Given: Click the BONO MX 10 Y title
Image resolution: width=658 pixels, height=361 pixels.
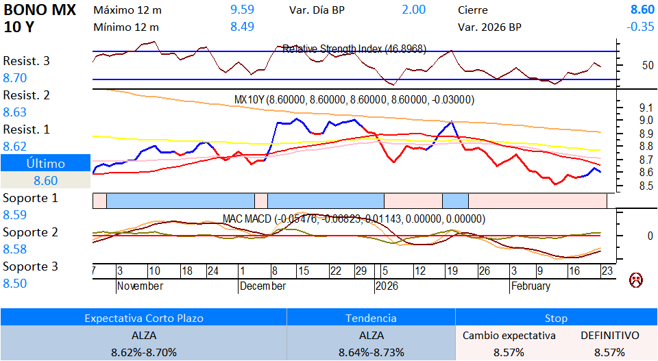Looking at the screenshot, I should [39, 18].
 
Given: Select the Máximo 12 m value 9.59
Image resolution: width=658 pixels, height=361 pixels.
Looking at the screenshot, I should [242, 10].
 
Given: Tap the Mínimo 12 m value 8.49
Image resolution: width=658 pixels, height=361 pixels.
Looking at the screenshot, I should [242, 27].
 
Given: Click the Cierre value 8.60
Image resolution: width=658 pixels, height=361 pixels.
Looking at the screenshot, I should [642, 10].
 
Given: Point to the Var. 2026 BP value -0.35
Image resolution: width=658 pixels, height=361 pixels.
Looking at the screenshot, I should [640, 27].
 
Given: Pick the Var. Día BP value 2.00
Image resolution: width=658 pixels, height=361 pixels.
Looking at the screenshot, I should [413, 10].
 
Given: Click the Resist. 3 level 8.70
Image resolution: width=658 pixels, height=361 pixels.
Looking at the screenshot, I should [15, 78].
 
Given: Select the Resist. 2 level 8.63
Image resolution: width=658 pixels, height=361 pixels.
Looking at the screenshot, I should [15, 112].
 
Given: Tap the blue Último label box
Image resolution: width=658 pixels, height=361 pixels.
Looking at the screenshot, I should [45, 164].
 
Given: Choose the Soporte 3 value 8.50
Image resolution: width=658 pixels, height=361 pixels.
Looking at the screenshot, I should [15, 284].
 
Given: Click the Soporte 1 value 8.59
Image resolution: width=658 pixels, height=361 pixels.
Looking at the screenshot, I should [15, 215].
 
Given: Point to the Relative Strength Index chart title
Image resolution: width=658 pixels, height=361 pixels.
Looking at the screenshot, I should [354, 49].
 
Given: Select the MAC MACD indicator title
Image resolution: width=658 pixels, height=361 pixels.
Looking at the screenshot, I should [354, 219].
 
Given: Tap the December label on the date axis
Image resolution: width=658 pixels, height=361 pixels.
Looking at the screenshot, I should [263, 286].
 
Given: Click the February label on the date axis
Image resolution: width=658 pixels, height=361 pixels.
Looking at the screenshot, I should [531, 286].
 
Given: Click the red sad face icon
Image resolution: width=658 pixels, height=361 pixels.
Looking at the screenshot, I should [636, 280].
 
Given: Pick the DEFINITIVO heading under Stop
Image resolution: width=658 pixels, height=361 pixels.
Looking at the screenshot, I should [609, 336].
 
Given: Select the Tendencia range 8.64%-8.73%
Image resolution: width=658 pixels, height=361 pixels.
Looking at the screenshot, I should [371, 352].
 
